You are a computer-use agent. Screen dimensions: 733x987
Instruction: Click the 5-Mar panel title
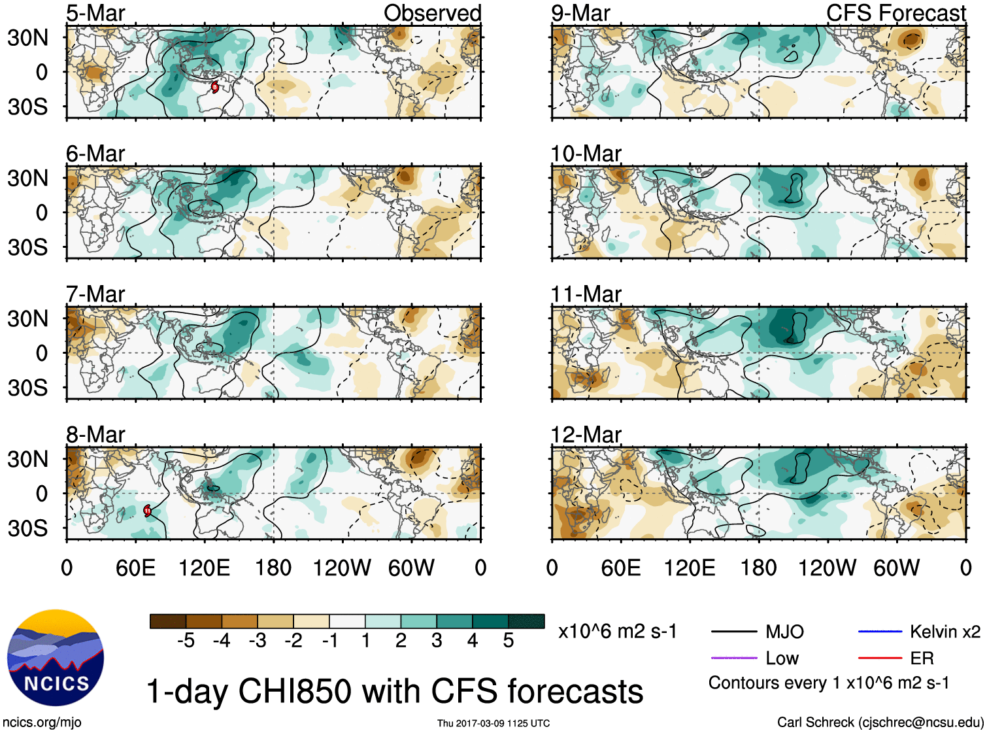tap(95, 13)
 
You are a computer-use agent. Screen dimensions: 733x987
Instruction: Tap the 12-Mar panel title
tap(586, 435)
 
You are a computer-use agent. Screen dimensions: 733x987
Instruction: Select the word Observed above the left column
tap(432, 13)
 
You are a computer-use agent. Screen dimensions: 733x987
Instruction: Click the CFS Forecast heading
tap(895, 13)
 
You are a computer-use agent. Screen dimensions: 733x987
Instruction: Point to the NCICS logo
tap(56, 658)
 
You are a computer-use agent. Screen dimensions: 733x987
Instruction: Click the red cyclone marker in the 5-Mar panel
tap(214, 87)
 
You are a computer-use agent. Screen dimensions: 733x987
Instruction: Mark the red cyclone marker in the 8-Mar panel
tap(147, 511)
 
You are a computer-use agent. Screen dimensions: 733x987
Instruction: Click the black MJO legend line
tap(733, 632)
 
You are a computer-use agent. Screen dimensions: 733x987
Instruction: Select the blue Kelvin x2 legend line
tap(880, 632)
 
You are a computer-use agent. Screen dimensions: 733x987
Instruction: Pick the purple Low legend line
tap(733, 658)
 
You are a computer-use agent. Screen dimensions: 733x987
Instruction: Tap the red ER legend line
tap(880, 658)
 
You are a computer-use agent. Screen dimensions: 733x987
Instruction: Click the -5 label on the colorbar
tap(186, 641)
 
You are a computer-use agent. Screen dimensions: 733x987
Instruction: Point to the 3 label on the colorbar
tap(437, 641)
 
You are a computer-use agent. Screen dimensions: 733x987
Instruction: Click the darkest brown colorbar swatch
tap(167, 621)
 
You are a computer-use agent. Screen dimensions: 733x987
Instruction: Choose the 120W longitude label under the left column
tap(341, 568)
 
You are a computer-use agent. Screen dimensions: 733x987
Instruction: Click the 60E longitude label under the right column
tap(620, 568)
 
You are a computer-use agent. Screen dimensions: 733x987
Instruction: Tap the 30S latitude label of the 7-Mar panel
tap(27, 388)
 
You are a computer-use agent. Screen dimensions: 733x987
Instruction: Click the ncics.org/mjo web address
tap(42, 722)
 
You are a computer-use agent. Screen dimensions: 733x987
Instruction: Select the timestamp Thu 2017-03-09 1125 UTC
tap(494, 723)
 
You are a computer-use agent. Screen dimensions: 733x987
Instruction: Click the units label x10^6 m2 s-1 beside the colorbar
tap(617, 632)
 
